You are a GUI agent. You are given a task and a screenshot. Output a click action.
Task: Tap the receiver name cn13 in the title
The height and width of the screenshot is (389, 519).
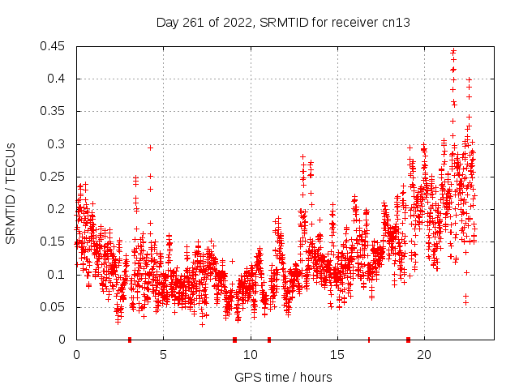pyautogui.click(x=396, y=23)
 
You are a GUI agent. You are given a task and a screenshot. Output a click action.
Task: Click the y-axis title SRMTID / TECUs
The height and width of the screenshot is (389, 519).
pyautogui.click(x=11, y=193)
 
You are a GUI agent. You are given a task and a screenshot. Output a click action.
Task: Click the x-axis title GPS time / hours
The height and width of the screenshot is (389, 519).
pyautogui.click(x=283, y=377)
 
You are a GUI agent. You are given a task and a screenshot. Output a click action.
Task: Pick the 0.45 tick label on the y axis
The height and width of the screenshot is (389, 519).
pyautogui.click(x=54, y=46)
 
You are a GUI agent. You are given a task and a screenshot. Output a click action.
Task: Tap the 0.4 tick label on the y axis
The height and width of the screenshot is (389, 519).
pyautogui.click(x=58, y=79)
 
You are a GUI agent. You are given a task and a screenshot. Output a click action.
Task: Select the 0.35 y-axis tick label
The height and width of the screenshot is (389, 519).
pyautogui.click(x=54, y=111)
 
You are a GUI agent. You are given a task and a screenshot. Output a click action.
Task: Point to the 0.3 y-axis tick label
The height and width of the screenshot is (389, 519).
pyautogui.click(x=58, y=144)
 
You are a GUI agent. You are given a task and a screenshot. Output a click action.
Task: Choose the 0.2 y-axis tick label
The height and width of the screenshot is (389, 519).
pyautogui.click(x=58, y=209)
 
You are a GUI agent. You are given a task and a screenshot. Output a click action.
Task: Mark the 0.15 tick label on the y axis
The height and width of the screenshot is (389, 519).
pyautogui.click(x=54, y=242)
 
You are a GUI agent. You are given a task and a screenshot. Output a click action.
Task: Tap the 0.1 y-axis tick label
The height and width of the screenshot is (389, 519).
pyautogui.click(x=58, y=274)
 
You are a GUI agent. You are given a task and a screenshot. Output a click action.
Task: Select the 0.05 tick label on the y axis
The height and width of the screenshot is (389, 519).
pyautogui.click(x=54, y=306)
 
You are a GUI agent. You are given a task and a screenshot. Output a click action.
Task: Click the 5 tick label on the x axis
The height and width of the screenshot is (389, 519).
pyautogui.click(x=163, y=354)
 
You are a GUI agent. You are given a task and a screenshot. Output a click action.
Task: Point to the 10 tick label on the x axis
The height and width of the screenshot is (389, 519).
pyautogui.click(x=250, y=354)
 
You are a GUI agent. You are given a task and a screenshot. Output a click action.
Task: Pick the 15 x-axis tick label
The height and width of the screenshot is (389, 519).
pyautogui.click(x=337, y=354)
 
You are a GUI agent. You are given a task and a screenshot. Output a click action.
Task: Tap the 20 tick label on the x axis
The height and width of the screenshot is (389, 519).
pyautogui.click(x=423, y=354)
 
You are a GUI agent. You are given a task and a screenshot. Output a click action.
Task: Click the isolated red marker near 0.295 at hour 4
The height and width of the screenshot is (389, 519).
pyautogui.click(x=150, y=147)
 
